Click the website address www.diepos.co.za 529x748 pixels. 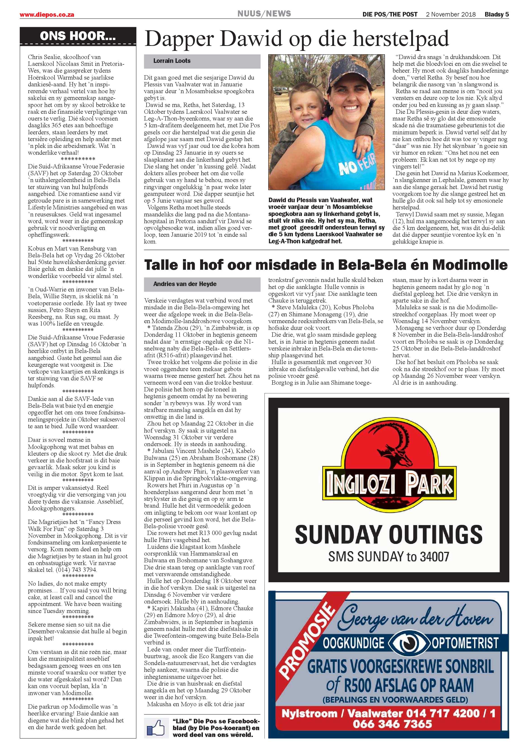coord(47,15)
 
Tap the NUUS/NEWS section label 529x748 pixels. coord(264,14)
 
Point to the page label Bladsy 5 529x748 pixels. coord(496,14)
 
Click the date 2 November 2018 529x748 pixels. coord(451,14)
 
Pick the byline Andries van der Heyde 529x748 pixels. coord(185,284)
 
